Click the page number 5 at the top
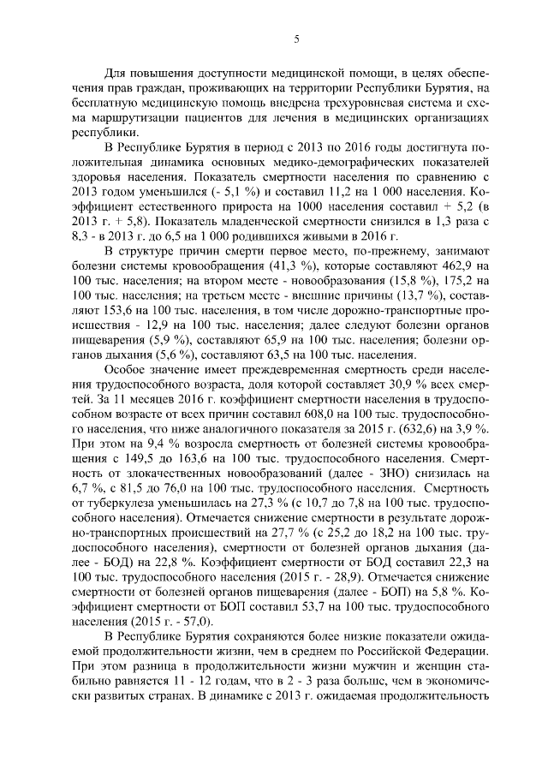[295, 39]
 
